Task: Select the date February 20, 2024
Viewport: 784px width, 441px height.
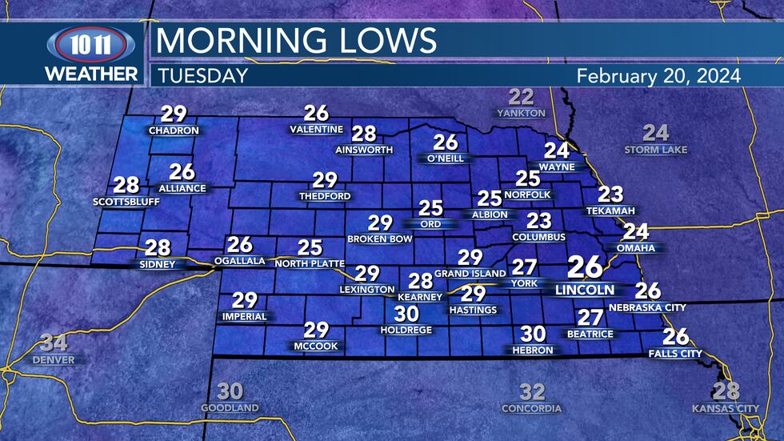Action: point(658,76)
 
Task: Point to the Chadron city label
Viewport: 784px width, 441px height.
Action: point(168,130)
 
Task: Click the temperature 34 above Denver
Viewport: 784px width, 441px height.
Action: point(54,344)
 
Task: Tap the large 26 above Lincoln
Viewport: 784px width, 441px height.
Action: point(585,268)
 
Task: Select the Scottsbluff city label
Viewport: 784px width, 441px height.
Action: point(126,202)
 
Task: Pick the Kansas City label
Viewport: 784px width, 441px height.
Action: point(726,409)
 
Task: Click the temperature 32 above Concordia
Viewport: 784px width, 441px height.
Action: point(532,392)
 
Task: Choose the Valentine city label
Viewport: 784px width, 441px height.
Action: point(316,130)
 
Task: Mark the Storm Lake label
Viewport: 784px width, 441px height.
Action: point(656,150)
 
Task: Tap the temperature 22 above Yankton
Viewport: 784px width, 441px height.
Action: point(522,98)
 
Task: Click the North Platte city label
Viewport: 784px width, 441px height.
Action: point(309,263)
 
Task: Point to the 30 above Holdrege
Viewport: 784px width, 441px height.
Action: point(406,315)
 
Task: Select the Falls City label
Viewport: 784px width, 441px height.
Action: point(675,353)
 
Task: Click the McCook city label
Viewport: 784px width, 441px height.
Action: point(316,346)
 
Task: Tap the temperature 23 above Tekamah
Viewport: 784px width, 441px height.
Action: point(610,194)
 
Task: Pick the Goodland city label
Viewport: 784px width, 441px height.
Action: point(230,408)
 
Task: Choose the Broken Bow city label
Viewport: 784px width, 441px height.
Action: point(380,239)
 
